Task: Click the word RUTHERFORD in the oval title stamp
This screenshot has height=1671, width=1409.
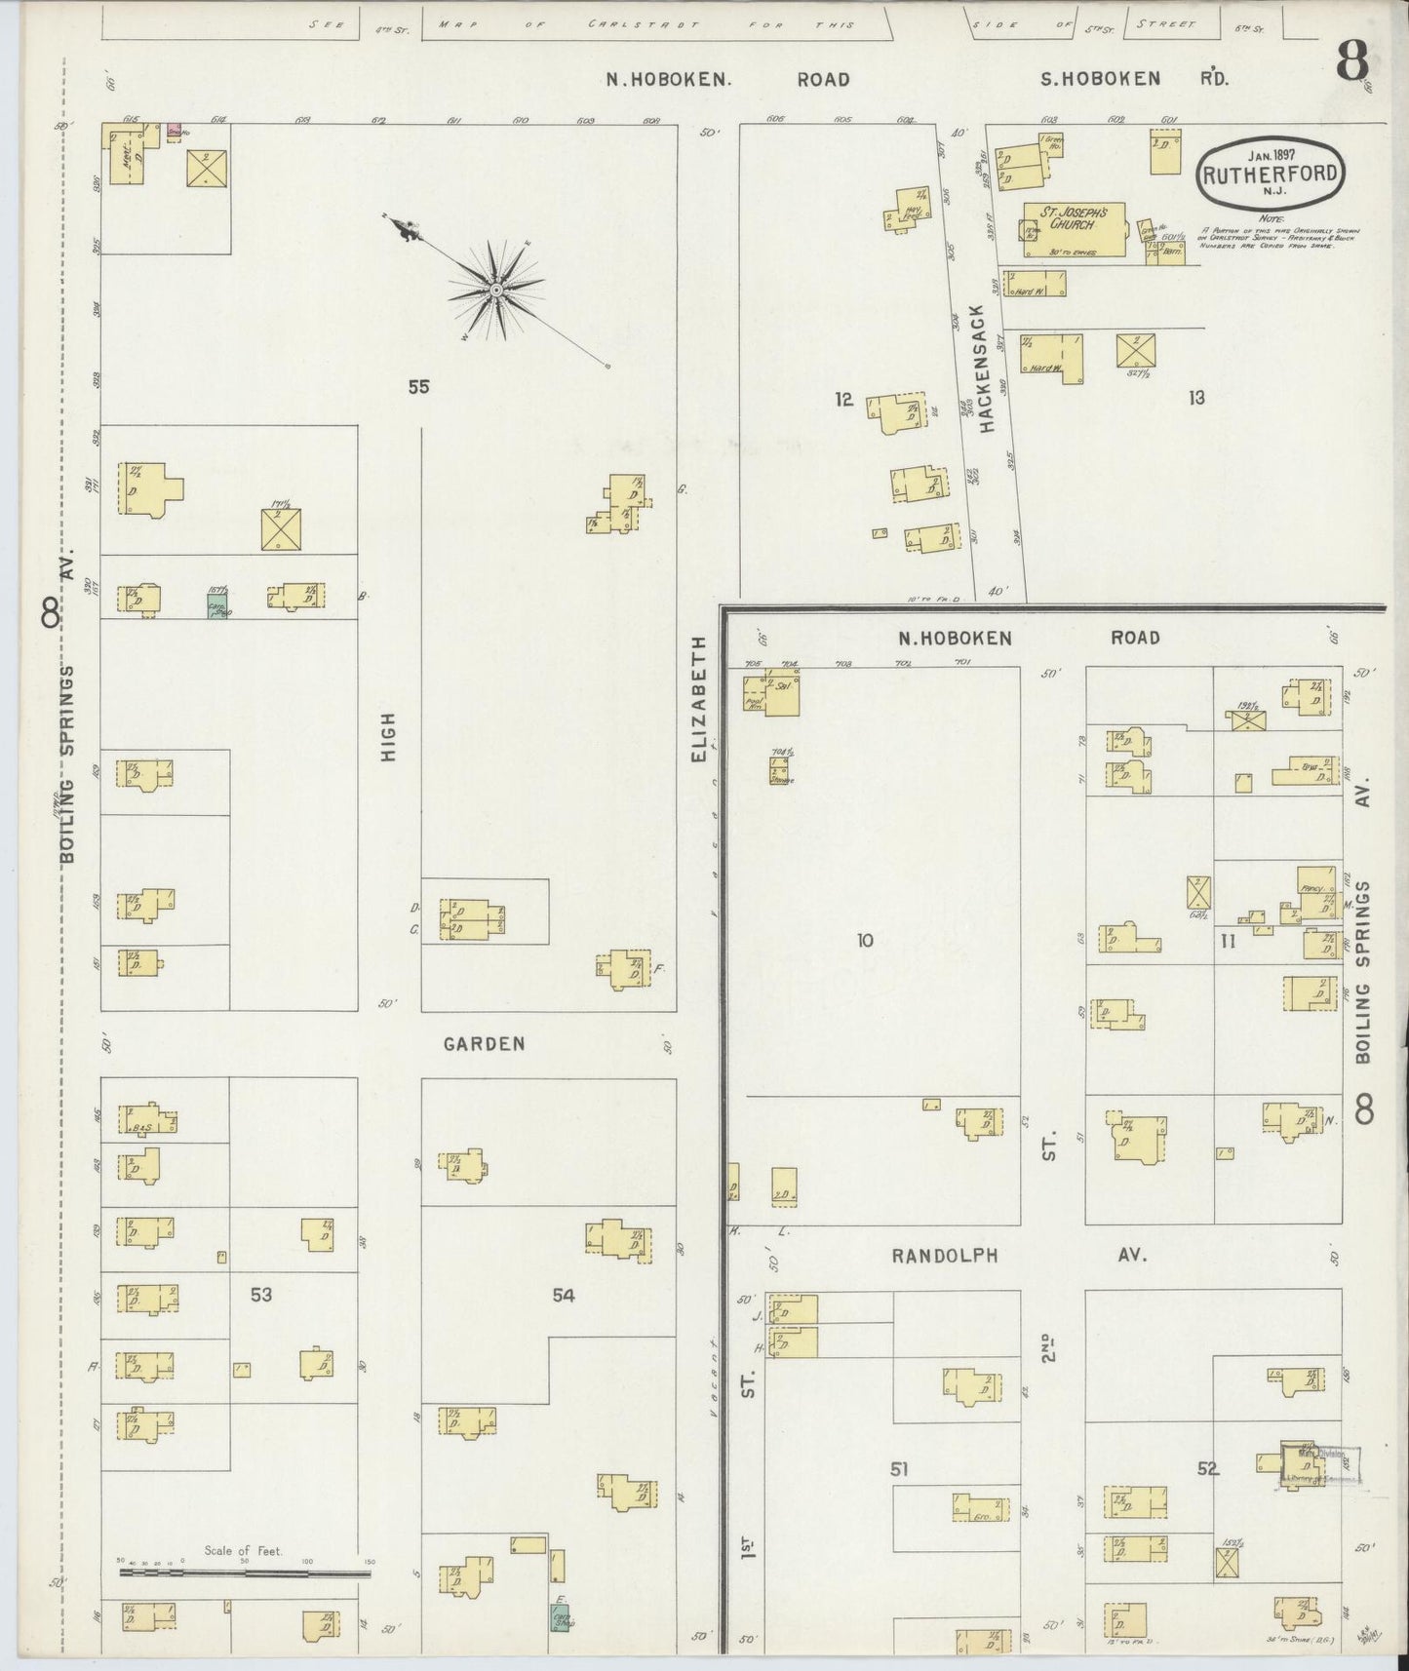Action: point(1269,176)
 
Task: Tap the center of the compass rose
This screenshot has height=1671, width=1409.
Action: point(496,290)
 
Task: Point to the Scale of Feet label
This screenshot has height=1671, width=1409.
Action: point(243,1550)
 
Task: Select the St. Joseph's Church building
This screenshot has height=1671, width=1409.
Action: point(1074,230)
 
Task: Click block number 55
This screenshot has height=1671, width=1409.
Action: point(418,387)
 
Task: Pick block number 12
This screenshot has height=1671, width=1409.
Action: point(844,398)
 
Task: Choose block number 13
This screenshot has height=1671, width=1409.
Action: point(1196,397)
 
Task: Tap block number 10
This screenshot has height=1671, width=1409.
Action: point(864,941)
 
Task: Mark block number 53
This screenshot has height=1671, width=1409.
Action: point(260,1295)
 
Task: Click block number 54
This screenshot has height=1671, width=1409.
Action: point(564,1295)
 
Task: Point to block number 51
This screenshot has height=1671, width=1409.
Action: point(899,1468)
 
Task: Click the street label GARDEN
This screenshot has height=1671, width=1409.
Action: point(484,1044)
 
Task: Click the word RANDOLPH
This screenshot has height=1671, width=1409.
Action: point(945,1256)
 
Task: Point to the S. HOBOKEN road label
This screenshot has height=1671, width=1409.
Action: point(1100,79)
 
